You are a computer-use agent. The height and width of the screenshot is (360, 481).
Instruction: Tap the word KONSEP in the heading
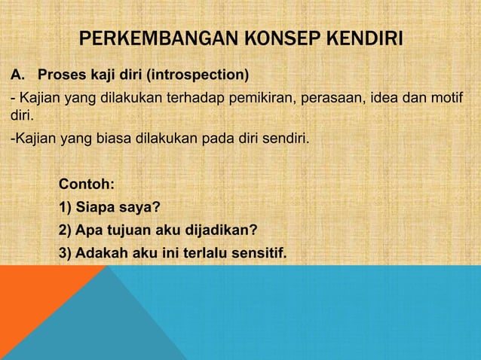pyautogui.click(x=262, y=38)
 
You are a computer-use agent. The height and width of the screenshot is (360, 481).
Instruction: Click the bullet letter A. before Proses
pyautogui.click(x=17, y=76)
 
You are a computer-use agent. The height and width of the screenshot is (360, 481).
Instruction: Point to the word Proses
pyautogui.click(x=63, y=76)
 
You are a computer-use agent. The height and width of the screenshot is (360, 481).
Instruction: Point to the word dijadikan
pyautogui.click(x=219, y=230)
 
